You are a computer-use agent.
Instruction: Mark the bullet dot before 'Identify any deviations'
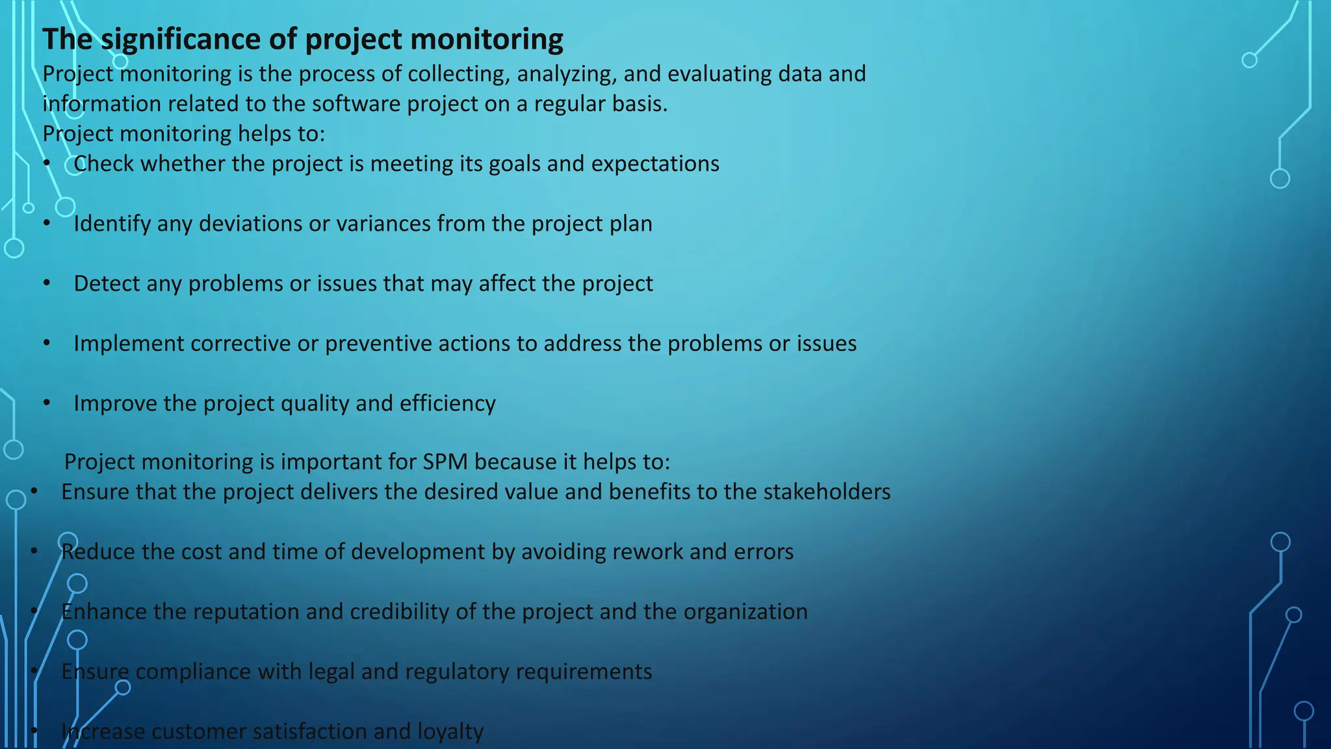(x=47, y=224)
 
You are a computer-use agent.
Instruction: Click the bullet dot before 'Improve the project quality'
(x=47, y=403)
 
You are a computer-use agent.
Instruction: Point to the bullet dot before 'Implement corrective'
(x=47, y=343)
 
